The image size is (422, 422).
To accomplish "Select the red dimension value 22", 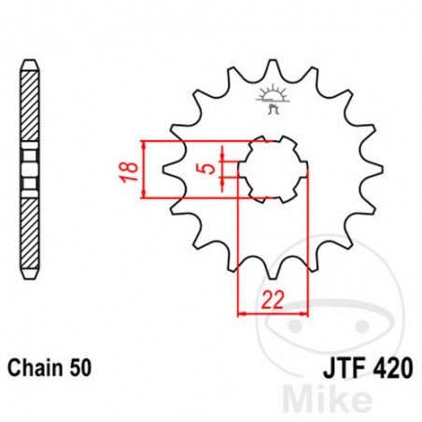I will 272,300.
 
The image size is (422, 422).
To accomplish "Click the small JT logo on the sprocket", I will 274,99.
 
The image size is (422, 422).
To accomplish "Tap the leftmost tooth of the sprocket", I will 169,171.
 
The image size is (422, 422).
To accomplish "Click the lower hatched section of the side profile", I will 31,229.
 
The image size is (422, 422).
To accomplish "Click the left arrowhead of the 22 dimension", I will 243,313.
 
